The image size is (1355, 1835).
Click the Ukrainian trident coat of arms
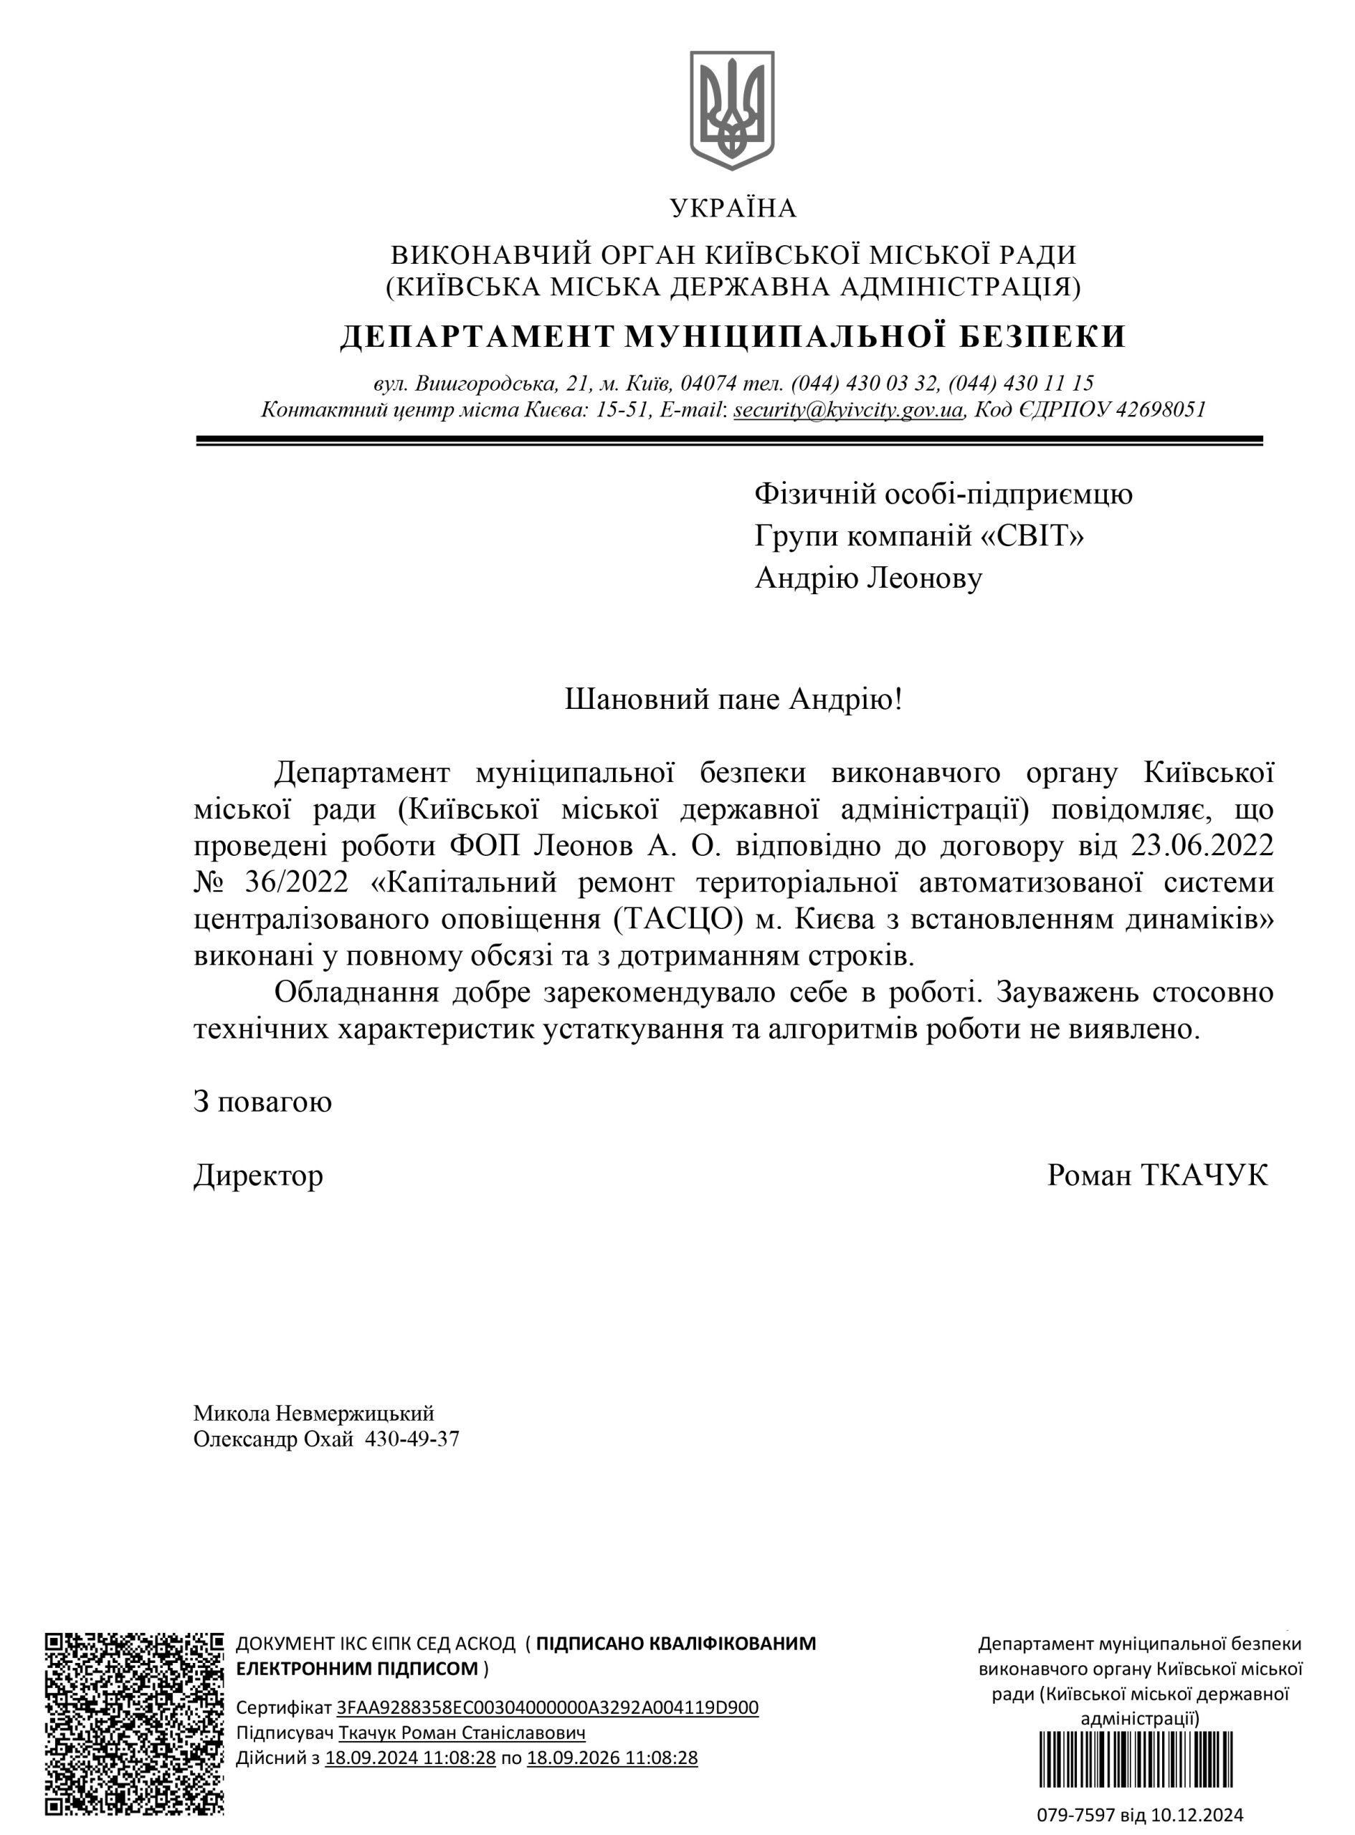(733, 110)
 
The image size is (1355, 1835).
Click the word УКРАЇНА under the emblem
(733, 209)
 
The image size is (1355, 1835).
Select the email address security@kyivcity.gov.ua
(847, 409)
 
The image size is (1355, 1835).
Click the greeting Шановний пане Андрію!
(733, 700)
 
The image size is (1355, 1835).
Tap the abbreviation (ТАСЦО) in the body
(677, 919)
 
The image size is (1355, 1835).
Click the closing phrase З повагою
(262, 1101)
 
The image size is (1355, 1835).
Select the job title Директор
(258, 1175)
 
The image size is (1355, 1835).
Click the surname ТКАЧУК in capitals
(1204, 1175)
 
